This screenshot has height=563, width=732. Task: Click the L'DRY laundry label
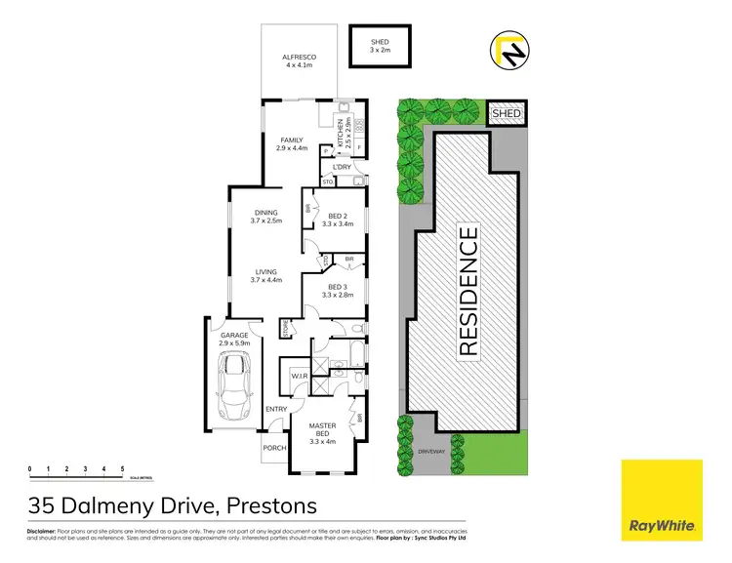coord(341,167)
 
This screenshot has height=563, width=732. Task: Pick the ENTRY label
coord(277,409)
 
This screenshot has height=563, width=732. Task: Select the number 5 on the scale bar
coord(122,469)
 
